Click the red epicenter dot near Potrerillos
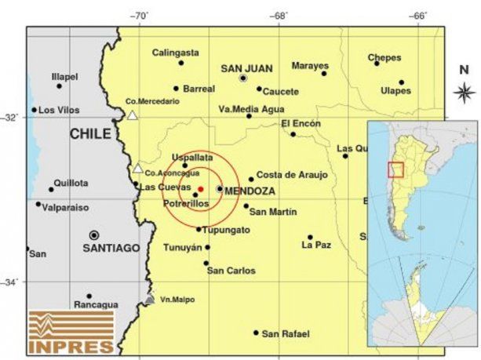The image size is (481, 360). pos(200,189)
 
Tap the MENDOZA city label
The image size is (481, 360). pos(250,191)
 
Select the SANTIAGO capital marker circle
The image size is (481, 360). pos(94,235)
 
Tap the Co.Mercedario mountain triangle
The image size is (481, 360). pos(133,116)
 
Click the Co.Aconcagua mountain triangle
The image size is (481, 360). pos(138,168)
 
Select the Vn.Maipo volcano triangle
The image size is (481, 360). pos(150,299)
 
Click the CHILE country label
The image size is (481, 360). pos(90,134)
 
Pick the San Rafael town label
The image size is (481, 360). pos(280,334)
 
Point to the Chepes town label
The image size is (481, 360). pos(384,56)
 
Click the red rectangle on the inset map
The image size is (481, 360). pos(396,169)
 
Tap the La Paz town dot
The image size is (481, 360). pos(310,237)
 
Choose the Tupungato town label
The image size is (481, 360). pos(227,230)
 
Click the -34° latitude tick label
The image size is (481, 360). pos(12,282)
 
